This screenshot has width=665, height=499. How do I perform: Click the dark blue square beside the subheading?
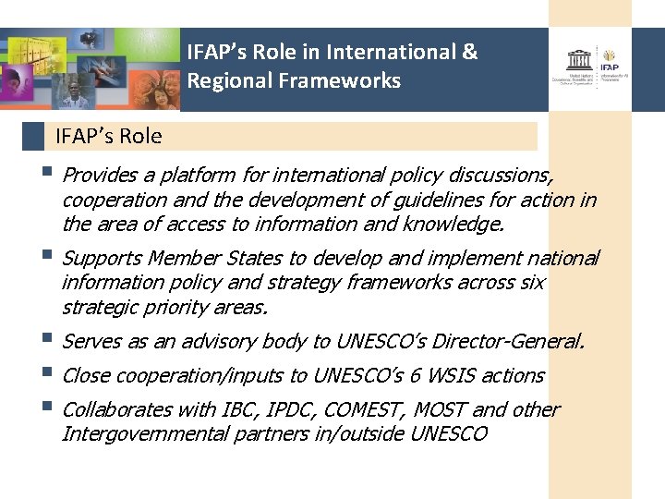tap(33, 137)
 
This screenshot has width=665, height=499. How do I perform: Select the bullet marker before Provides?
tap(48, 173)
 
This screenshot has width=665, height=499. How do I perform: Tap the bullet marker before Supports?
tap(48, 256)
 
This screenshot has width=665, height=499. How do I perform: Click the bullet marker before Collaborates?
tap(48, 408)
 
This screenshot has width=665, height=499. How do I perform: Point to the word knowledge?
tap(459, 224)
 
